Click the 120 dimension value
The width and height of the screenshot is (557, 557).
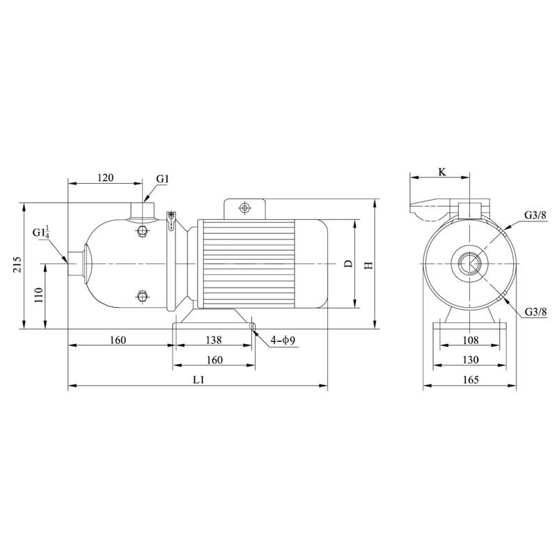click(x=104, y=178)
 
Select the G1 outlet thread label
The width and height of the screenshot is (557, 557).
click(x=162, y=179)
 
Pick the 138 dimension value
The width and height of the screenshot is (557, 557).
click(x=214, y=340)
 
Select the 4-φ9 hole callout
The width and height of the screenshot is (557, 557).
click(x=283, y=340)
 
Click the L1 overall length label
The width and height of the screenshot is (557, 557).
click(x=198, y=379)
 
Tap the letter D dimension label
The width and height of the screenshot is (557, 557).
click(x=348, y=265)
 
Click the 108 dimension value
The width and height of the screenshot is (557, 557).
click(x=470, y=340)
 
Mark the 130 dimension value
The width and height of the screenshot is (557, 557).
click(x=470, y=359)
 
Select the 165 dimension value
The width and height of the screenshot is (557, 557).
click(x=470, y=379)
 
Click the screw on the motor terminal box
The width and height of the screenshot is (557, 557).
click(x=244, y=207)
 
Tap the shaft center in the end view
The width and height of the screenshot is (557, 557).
click(x=470, y=265)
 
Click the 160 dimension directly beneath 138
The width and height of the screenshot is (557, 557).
click(x=214, y=360)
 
